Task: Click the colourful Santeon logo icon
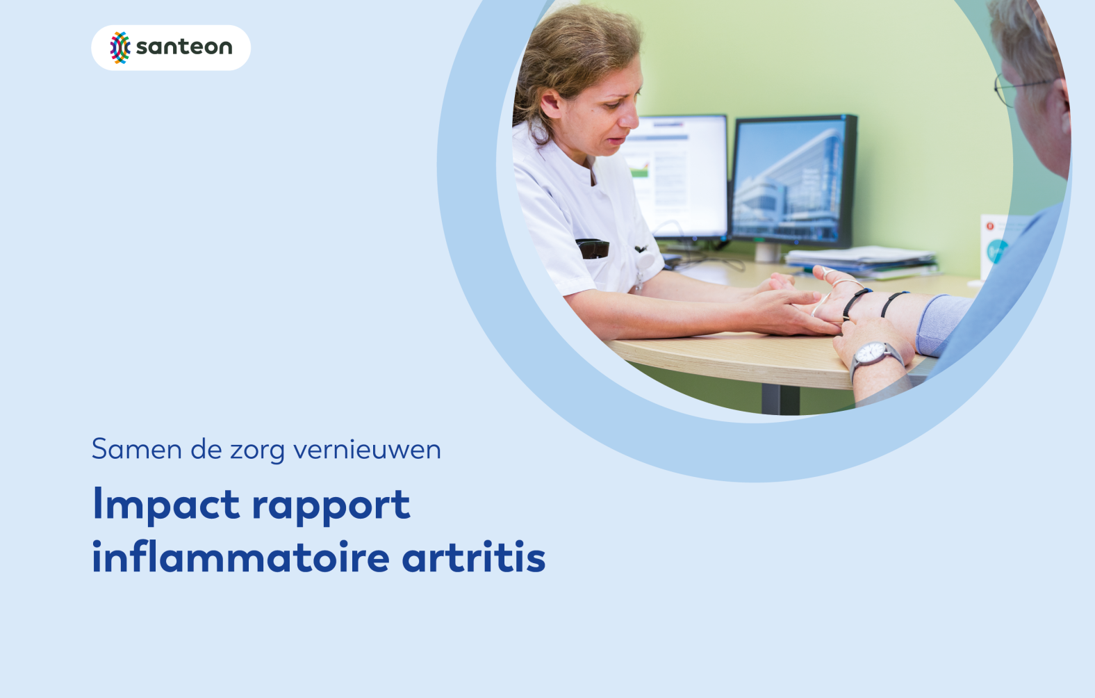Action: click(x=120, y=47)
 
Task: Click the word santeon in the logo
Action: click(x=184, y=47)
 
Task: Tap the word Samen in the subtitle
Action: click(x=137, y=449)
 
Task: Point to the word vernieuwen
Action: click(x=367, y=449)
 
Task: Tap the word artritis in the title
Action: click(x=474, y=557)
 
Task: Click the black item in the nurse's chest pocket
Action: click(x=593, y=248)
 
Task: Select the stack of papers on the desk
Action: click(x=862, y=261)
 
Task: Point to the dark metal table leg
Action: click(x=780, y=399)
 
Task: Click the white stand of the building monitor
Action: click(x=768, y=252)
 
